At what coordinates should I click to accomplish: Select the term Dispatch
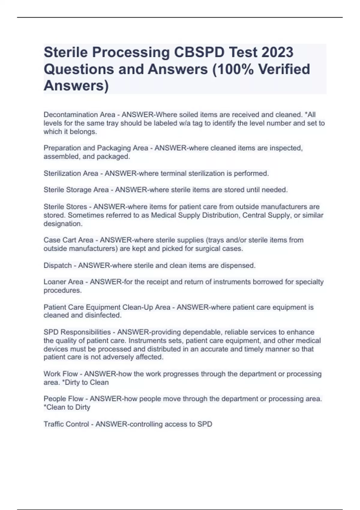point(58,265)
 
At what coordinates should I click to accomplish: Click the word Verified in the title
point(284,69)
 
